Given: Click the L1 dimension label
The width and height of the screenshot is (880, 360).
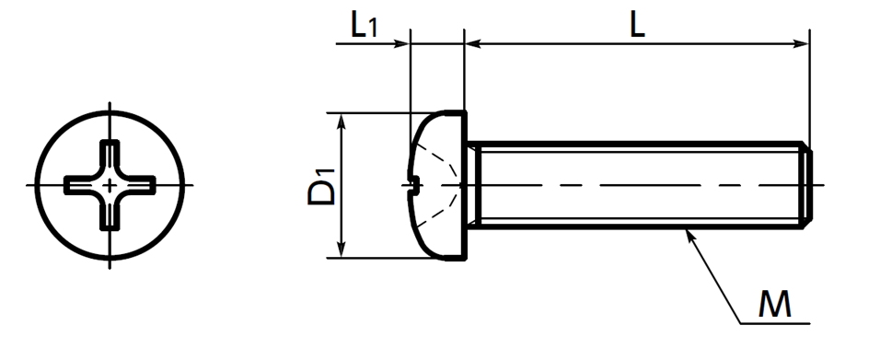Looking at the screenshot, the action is coord(364,26).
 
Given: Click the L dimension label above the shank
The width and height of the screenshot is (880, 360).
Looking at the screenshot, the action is coord(637,26).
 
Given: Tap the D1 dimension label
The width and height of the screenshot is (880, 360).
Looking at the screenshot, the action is coord(321,185).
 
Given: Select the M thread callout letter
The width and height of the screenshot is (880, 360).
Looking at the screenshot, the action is coord(774,305).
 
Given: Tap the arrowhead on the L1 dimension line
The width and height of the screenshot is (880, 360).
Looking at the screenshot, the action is coord(402,44).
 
